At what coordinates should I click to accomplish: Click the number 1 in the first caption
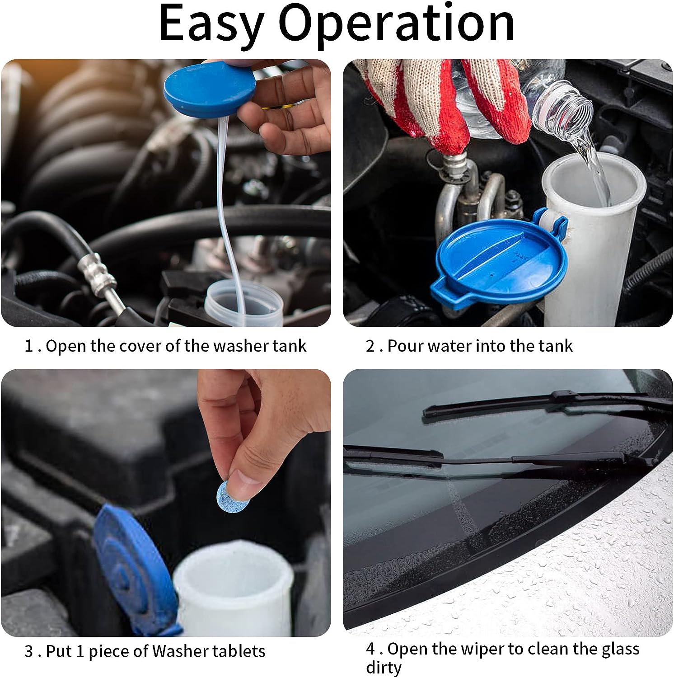click(x=29, y=346)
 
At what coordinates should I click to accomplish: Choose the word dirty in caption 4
click(x=384, y=668)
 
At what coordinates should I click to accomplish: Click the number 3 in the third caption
click(x=29, y=652)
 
